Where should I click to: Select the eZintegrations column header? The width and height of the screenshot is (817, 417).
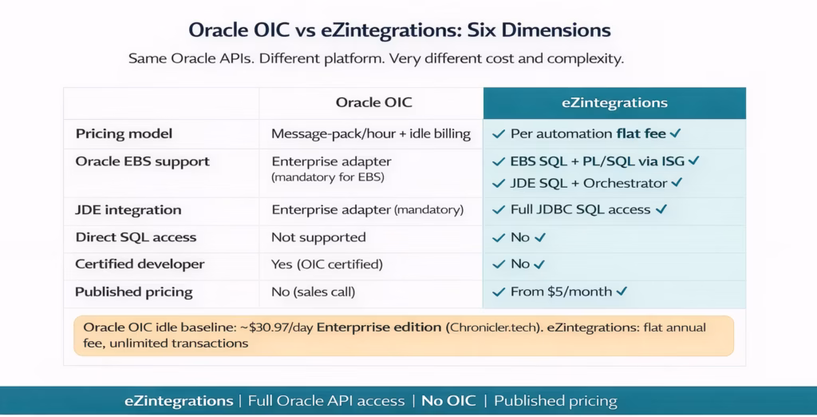[614, 103]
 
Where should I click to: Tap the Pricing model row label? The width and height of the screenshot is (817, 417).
[124, 133]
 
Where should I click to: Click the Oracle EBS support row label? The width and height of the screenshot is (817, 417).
[142, 161]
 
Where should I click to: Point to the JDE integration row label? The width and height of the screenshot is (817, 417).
[128, 210]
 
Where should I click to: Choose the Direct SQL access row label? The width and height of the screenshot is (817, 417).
[136, 237]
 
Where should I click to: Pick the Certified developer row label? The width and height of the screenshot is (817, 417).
[140, 264]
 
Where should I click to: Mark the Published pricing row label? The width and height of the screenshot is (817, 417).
[134, 292]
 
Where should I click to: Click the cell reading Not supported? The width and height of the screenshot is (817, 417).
[318, 237]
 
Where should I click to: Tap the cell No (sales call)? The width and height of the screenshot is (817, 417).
[314, 292]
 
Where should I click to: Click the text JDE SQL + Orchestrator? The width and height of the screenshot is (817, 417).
[588, 183]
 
